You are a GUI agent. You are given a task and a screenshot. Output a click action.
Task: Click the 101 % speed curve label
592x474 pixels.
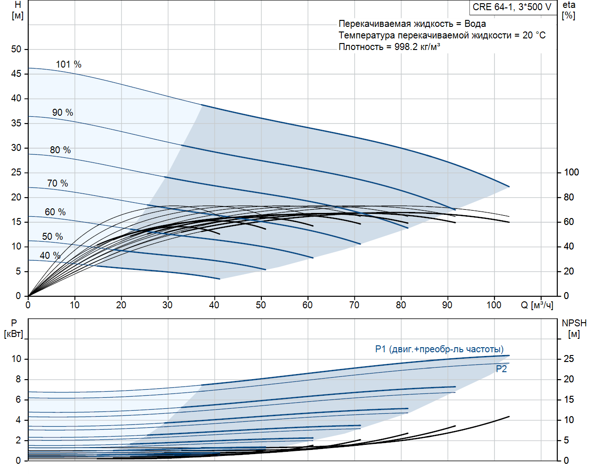pyautogui.click(x=68, y=64)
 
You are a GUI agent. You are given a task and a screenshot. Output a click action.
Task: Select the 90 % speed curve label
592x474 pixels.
pyautogui.click(x=62, y=112)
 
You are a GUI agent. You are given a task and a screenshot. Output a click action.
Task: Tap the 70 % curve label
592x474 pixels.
pyautogui.click(x=57, y=183)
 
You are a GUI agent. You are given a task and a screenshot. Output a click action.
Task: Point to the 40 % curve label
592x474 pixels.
pyautogui.click(x=50, y=256)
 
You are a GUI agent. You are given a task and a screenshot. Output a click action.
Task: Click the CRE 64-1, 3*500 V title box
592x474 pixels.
pyautogui.click(x=512, y=7)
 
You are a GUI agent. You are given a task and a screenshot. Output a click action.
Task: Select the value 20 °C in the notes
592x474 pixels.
pyautogui.click(x=534, y=35)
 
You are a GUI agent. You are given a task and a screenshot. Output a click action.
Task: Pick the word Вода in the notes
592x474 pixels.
pyautogui.click(x=475, y=24)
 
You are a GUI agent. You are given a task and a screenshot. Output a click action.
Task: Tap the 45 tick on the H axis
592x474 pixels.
pyautogui.click(x=16, y=74)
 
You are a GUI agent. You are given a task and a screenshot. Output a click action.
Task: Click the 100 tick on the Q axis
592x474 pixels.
pyautogui.click(x=494, y=305)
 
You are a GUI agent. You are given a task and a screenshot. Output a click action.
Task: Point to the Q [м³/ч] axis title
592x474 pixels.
pyautogui.click(x=537, y=305)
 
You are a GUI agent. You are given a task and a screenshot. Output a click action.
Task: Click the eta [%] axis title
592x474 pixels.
pyautogui.click(x=569, y=10)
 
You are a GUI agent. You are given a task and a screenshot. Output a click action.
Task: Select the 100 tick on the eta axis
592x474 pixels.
pyautogui.click(x=571, y=172)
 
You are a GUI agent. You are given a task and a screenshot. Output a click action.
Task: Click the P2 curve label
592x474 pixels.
pyautogui.click(x=501, y=369)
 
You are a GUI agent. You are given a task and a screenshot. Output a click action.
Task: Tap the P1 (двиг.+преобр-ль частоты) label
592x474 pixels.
pyautogui.click(x=439, y=349)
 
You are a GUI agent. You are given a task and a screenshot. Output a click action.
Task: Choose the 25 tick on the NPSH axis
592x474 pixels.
pyautogui.click(x=568, y=359)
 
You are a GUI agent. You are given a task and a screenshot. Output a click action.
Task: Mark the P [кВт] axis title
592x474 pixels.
pyautogui.click(x=13, y=329)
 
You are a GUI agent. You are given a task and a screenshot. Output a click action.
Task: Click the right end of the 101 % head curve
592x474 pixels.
pyautogui.click(x=509, y=187)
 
